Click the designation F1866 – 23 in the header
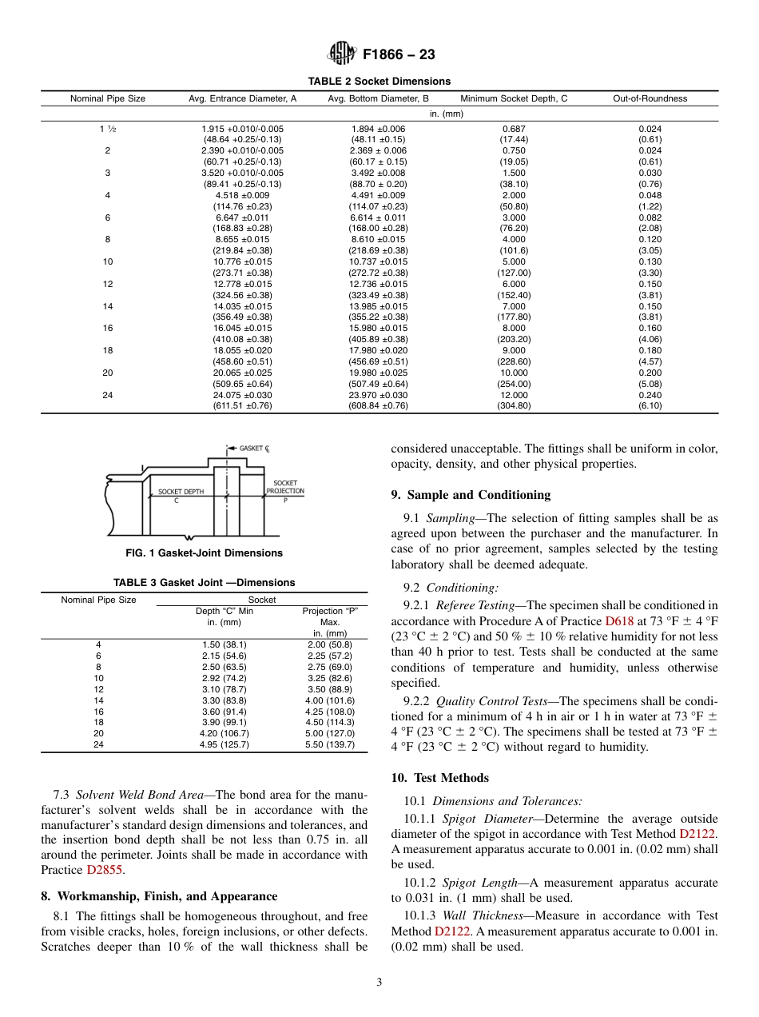tap(399, 55)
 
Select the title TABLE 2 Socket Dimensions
tap(379, 82)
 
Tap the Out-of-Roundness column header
tap(650, 99)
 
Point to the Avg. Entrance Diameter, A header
tap(242, 99)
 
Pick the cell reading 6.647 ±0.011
tap(242, 217)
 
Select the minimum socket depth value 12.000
tap(514, 395)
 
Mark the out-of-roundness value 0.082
tap(650, 217)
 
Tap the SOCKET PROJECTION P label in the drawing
tap(285, 487)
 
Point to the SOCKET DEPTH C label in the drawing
tap(181, 493)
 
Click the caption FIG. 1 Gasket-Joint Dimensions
tap(205, 553)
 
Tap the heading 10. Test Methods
tap(439, 778)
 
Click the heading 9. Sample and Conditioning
tap(471, 495)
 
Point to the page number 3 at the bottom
tap(379, 983)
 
